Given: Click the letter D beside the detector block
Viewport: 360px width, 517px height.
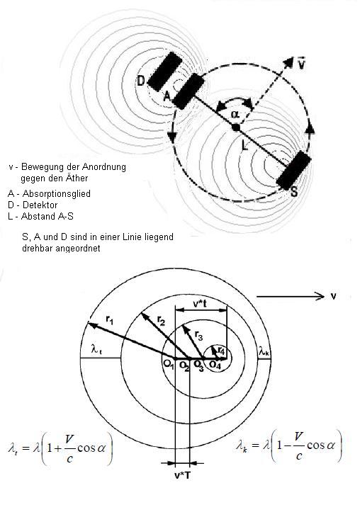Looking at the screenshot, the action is tap(141, 81).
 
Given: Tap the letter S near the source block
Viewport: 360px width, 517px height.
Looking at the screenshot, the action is tap(294, 192).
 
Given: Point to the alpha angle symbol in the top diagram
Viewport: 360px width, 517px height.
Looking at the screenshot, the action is tap(235, 114).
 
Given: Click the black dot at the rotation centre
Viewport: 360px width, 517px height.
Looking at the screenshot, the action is tap(235, 127).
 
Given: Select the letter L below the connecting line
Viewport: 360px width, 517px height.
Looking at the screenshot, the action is tap(244, 144).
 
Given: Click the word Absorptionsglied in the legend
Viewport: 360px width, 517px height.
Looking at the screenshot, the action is tap(57, 193).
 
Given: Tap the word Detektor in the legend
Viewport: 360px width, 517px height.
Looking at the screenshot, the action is tap(40, 205).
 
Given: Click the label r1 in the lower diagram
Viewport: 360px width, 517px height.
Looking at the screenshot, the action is tap(110, 319).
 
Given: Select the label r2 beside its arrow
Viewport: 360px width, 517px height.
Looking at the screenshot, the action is tap(161, 320).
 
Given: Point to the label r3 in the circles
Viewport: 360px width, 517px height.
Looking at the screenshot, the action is tap(198, 335).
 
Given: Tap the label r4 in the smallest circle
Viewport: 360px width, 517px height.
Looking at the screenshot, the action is tap(221, 351).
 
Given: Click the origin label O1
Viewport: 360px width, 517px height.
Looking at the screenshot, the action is tap(169, 365).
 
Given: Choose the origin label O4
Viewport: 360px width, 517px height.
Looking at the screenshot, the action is tap(215, 365).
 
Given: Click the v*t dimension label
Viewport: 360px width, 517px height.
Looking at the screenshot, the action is tap(200, 304).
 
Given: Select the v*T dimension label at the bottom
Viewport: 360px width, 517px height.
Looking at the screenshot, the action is tap(182, 475).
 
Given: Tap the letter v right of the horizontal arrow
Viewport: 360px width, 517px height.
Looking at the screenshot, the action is tap(333, 296).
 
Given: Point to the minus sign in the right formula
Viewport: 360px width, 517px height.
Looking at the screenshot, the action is tap(288, 445).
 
